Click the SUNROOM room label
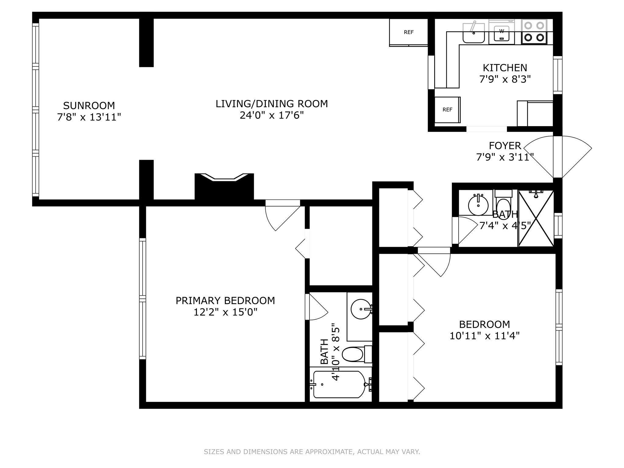coord(89,105)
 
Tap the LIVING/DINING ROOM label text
coord(272,104)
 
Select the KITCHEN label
coord(505,67)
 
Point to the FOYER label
coord(505,145)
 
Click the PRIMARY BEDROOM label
coord(225,300)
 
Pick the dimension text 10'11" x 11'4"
coord(484,336)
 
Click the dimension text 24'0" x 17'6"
coord(272,115)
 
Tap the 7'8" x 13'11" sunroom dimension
coord(89,117)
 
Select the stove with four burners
coord(534,32)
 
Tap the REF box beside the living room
coord(409,32)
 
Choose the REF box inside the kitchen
coord(447,110)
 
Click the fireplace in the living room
coord(224,186)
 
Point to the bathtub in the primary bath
coord(339,385)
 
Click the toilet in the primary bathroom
coord(357,354)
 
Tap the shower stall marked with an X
coord(536,218)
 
